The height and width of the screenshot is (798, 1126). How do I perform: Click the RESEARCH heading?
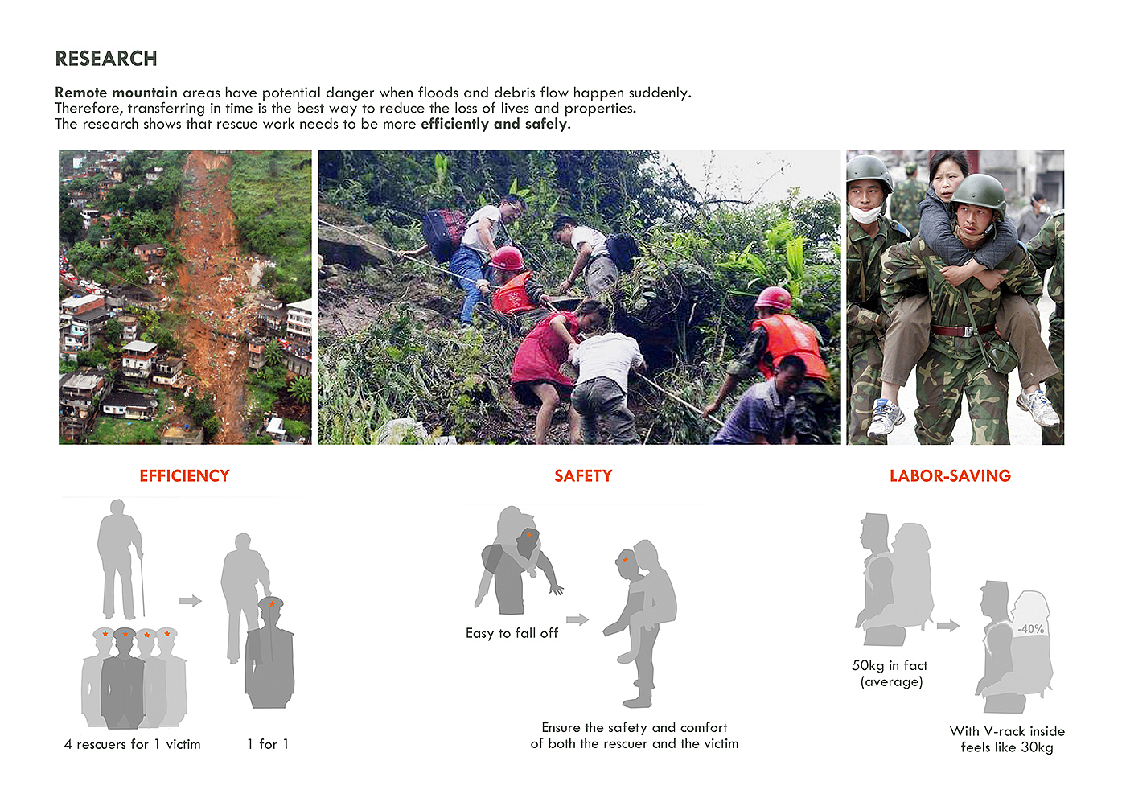pos(106,59)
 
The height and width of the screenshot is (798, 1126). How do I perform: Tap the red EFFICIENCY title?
pos(184,475)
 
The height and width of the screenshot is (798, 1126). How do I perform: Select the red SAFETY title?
pos(583,475)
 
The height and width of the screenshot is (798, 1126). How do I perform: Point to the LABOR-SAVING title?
pos(950,475)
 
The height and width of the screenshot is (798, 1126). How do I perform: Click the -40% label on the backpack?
pos(1030,629)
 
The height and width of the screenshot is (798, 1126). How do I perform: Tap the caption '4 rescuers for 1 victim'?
pos(132,744)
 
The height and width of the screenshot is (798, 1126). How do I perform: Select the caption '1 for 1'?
pos(268,744)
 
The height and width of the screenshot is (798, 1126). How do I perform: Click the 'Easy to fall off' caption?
pos(512,633)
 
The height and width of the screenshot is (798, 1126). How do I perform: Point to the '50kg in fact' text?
pos(890,665)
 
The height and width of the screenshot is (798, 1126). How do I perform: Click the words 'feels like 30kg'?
pos(1006,747)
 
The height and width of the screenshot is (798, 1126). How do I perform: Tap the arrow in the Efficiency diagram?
pos(191,600)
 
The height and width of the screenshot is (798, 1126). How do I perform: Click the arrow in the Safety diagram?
pos(577,619)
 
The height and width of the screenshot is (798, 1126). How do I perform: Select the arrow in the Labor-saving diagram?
pos(948,626)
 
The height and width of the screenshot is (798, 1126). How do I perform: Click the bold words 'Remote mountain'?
pos(116,93)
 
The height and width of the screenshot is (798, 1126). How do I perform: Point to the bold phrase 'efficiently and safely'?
pos(495,124)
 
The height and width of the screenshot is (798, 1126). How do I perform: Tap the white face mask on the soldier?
pos(865,214)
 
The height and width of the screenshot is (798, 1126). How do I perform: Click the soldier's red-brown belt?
pos(961,331)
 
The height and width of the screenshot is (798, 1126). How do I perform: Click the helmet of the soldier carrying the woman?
pos(978,193)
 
